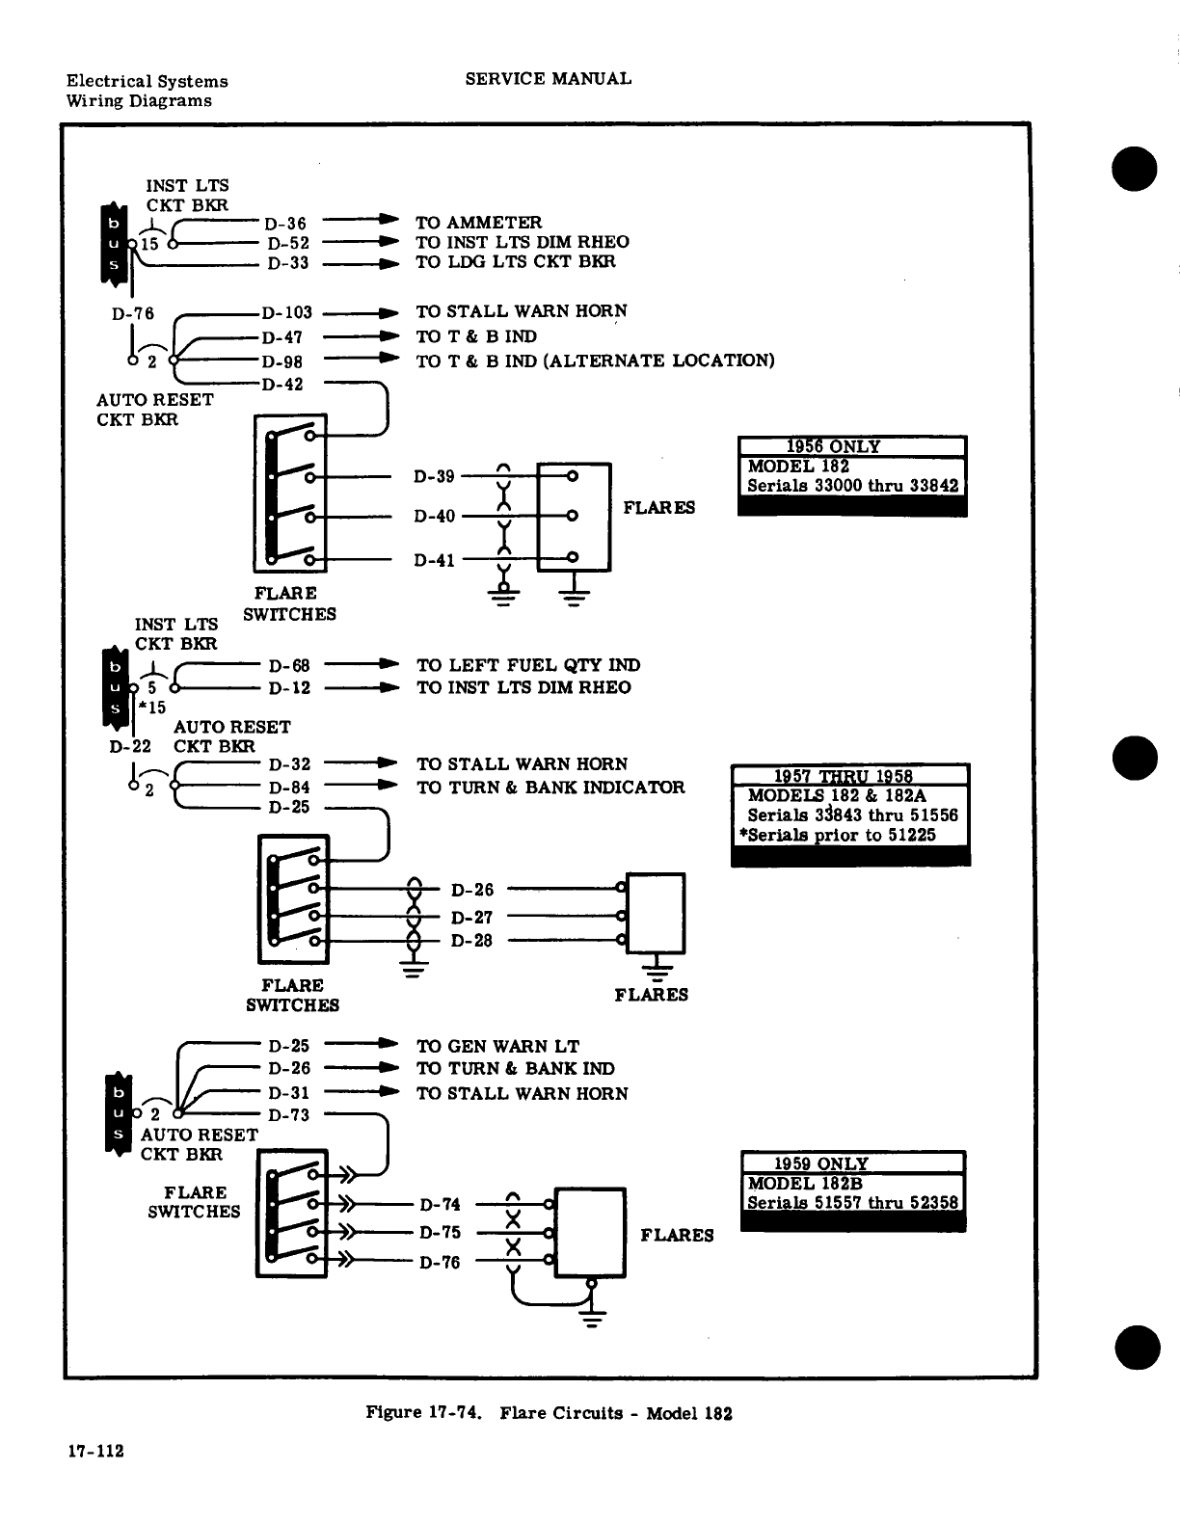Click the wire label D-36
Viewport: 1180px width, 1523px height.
(x=286, y=224)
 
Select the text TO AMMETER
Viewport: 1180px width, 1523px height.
(x=478, y=223)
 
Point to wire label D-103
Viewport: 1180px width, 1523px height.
(x=287, y=312)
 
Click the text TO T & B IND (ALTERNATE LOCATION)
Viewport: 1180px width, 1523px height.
(x=595, y=361)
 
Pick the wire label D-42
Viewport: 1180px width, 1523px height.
(x=282, y=385)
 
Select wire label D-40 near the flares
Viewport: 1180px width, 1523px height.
(x=434, y=516)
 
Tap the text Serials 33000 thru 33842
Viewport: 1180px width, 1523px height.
(x=852, y=485)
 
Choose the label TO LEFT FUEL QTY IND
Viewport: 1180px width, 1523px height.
(x=527, y=665)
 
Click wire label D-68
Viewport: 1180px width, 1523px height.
(x=289, y=666)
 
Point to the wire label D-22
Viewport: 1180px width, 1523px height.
(x=131, y=746)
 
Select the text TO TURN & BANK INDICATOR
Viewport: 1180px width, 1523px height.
(x=550, y=788)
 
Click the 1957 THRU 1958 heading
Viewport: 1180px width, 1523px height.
(x=844, y=777)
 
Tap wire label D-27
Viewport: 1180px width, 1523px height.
(x=471, y=918)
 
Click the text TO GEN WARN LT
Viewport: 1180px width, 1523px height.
(x=497, y=1046)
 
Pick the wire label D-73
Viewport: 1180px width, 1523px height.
(x=289, y=1115)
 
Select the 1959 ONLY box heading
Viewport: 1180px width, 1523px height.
(x=821, y=1163)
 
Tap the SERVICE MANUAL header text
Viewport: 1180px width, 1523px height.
(x=548, y=79)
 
